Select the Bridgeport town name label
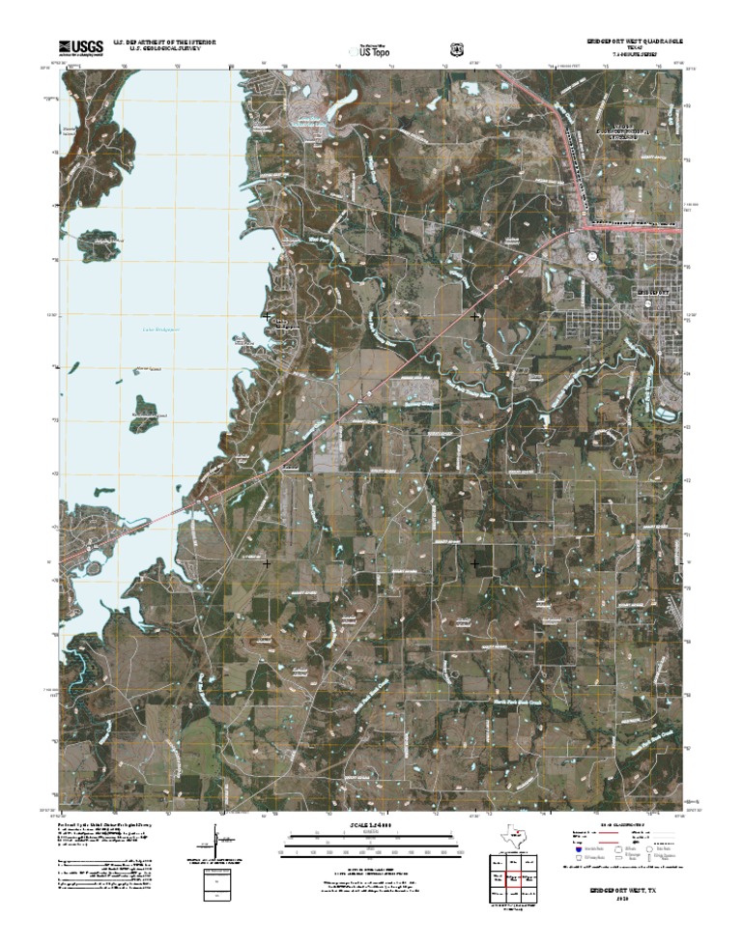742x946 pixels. coord(653,289)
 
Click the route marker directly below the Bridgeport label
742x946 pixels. coord(651,300)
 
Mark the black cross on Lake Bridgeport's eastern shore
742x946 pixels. coord(267,316)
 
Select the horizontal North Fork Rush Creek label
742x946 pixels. coord(513,702)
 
